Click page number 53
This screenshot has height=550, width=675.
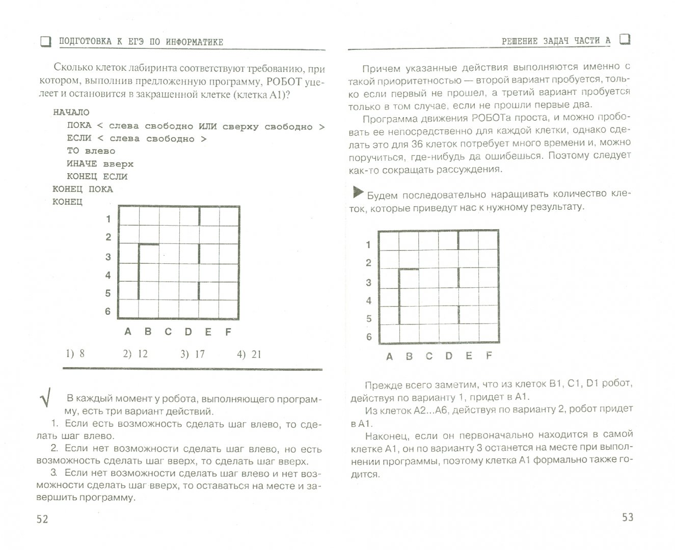pyautogui.click(x=628, y=517)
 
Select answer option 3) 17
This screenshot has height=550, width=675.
pyautogui.click(x=193, y=354)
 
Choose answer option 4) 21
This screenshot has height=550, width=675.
pyautogui.click(x=249, y=354)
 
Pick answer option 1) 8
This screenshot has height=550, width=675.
pyautogui.click(x=75, y=353)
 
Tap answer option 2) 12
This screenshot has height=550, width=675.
pyautogui.click(x=136, y=354)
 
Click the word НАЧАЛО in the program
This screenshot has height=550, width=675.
pyautogui.click(x=71, y=112)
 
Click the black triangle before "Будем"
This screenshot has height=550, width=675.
pyautogui.click(x=358, y=193)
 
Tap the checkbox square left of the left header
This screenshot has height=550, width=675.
pyautogui.click(x=46, y=42)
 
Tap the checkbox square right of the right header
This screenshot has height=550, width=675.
pyautogui.click(x=625, y=39)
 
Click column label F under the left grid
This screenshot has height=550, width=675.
pyautogui.click(x=228, y=332)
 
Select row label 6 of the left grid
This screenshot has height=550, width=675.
pyautogui.click(x=107, y=311)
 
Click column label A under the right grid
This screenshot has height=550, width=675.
pyautogui.click(x=389, y=356)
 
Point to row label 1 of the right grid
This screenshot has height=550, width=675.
pyautogui.click(x=368, y=244)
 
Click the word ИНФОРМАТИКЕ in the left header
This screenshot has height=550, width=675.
pyautogui.click(x=195, y=42)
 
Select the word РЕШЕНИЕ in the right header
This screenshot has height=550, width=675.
pyautogui.click(x=519, y=41)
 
